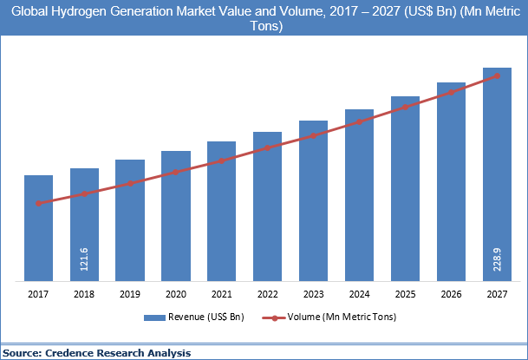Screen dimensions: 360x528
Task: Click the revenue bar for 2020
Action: [x=175, y=216]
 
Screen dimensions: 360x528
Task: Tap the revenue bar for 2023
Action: [x=313, y=200]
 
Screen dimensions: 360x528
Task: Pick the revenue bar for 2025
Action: [x=405, y=188]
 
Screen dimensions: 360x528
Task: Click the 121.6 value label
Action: [x=84, y=260]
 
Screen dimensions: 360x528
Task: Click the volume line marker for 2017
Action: [x=38, y=203]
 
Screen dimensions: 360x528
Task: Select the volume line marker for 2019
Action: [x=130, y=183]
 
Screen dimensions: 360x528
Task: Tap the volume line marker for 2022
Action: [x=267, y=147]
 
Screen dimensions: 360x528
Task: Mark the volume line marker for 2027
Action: [x=497, y=75]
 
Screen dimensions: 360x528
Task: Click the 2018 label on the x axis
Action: [x=84, y=294]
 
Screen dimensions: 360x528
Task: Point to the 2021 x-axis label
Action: [x=221, y=294]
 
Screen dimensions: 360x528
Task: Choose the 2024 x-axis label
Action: [x=359, y=294]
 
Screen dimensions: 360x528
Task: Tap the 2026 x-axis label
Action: [x=451, y=294]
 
